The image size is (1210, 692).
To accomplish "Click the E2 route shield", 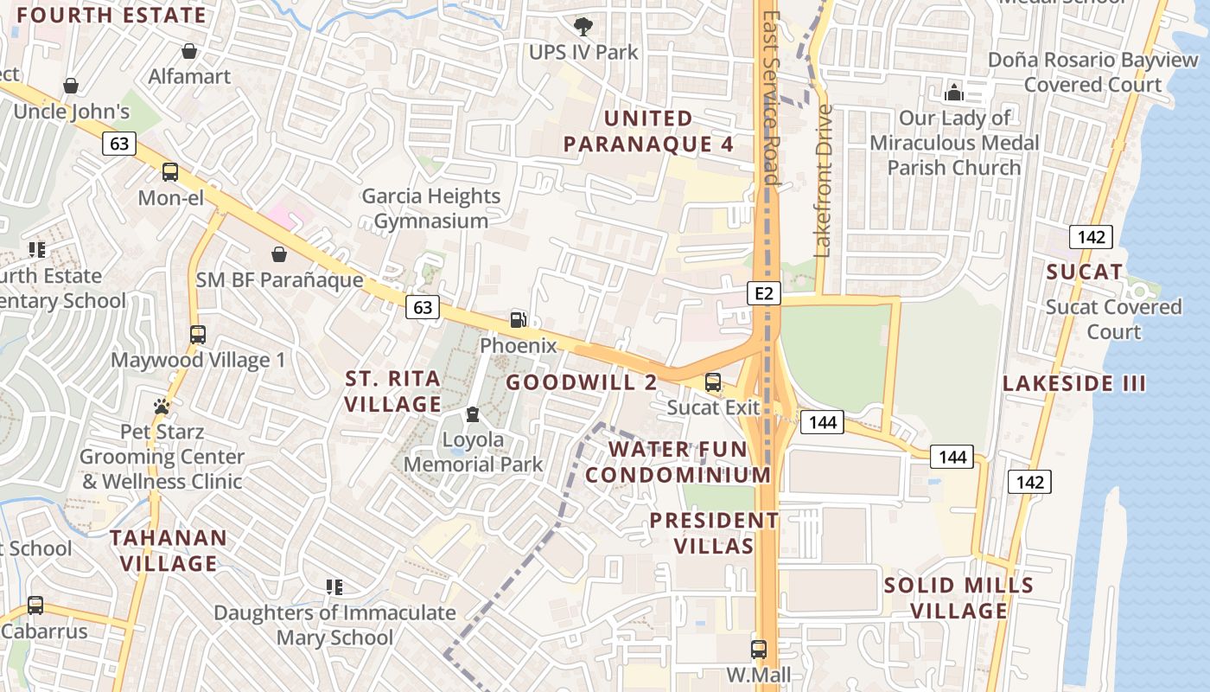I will click(763, 294).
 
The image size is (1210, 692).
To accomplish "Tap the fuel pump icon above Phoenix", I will click(518, 320).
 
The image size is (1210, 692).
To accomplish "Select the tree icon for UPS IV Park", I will click(584, 26).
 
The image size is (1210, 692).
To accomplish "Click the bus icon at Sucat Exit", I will click(713, 381).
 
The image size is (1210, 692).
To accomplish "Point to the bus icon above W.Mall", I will click(758, 649).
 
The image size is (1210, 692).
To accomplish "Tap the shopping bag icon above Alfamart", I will click(189, 51).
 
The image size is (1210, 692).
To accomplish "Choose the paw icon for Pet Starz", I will click(162, 406).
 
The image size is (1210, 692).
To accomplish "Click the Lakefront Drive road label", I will click(823, 182).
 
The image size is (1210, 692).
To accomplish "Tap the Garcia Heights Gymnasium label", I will click(430, 208).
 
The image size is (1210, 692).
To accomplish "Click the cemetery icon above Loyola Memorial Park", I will click(472, 414).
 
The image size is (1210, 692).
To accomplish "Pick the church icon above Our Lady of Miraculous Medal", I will click(954, 92).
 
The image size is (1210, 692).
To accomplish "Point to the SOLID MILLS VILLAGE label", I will click(958, 598).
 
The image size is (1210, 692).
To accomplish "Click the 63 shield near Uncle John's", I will click(119, 144).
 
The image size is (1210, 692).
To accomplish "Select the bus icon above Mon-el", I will click(170, 172).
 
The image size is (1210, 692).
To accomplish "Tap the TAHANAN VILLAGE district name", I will click(169, 550).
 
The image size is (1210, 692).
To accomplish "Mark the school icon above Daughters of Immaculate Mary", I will click(334, 587).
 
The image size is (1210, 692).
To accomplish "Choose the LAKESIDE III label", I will click(1073, 384).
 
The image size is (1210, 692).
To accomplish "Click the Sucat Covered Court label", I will click(1113, 319).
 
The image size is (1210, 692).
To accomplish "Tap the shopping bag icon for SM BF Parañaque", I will click(279, 254).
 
